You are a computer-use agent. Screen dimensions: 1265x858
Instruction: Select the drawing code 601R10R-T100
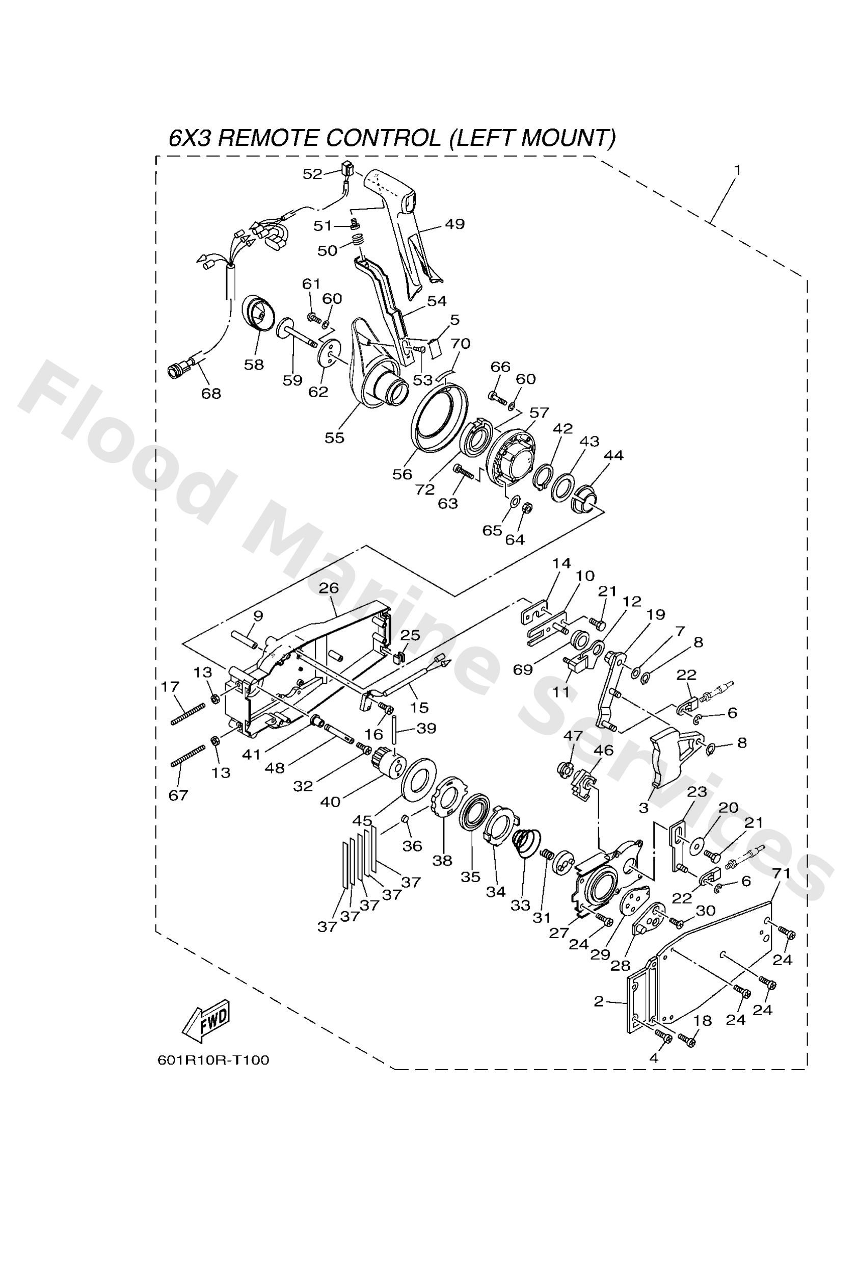point(213,1060)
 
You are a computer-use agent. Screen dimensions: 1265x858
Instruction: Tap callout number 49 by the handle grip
point(454,224)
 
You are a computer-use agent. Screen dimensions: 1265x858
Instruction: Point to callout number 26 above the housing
point(329,588)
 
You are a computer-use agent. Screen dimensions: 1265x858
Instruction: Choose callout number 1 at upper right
point(737,170)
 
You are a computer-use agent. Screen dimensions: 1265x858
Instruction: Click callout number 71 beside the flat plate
point(781,873)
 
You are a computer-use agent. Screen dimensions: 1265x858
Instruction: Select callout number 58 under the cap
point(254,364)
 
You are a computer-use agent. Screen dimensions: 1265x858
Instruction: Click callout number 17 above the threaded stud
point(170,687)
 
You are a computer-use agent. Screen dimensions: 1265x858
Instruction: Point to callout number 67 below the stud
point(178,795)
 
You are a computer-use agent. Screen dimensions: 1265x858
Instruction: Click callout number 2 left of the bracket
point(599,1001)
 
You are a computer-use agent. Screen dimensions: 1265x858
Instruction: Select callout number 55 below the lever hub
point(334,437)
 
